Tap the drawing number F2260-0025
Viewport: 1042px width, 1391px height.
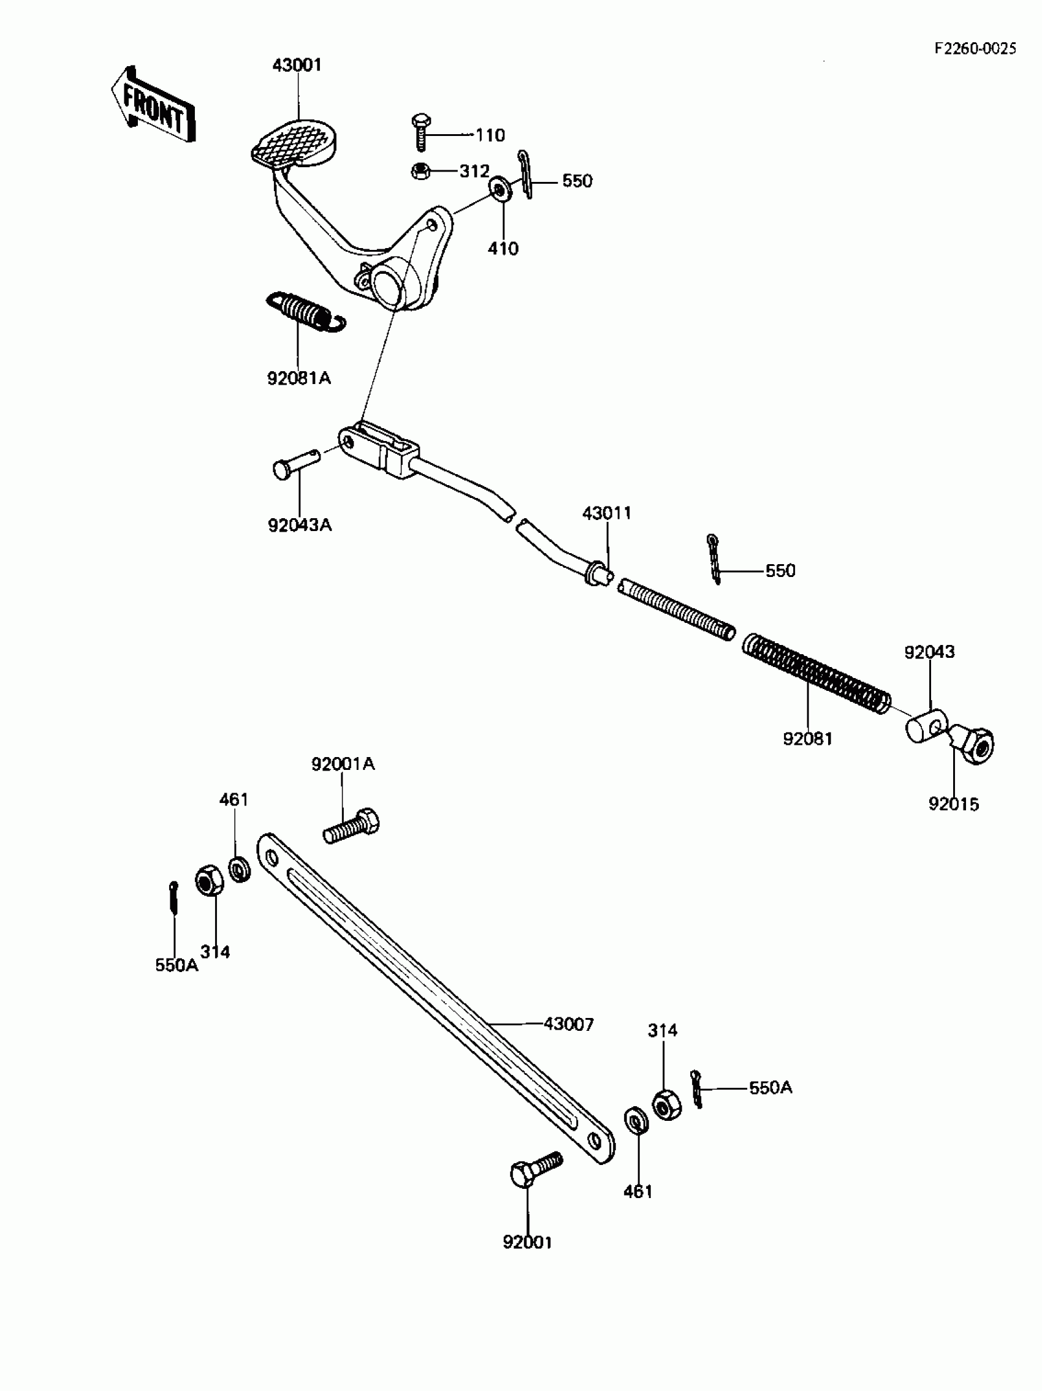[x=975, y=49]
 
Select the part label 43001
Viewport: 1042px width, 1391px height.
[x=297, y=66]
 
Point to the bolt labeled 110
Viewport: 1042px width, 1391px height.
[x=421, y=132]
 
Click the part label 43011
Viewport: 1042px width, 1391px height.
[x=607, y=513]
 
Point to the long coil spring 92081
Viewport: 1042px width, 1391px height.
[x=816, y=675]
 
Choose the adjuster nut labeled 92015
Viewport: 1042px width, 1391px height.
[x=974, y=744]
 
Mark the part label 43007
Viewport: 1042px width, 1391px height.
[x=569, y=1024]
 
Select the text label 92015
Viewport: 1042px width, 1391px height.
[x=954, y=804]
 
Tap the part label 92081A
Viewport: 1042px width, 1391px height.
[x=299, y=379]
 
